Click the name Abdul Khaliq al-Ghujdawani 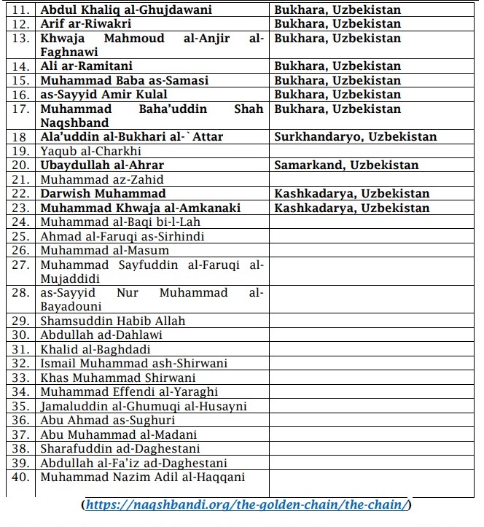coord(126,10)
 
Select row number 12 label coord(20,24)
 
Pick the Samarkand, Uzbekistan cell coord(346,165)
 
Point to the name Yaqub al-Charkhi coord(90,152)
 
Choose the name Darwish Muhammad coord(103,194)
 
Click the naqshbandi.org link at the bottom coord(247,504)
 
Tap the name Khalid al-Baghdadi coord(95,349)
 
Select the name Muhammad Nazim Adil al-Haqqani coord(142,477)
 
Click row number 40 coord(20,477)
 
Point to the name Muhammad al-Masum coord(104,251)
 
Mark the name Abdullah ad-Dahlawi coord(101,335)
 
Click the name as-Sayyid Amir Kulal coord(104,95)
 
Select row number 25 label coord(20,237)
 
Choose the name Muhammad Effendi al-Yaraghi coord(129,392)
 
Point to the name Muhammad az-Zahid coord(101,180)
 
